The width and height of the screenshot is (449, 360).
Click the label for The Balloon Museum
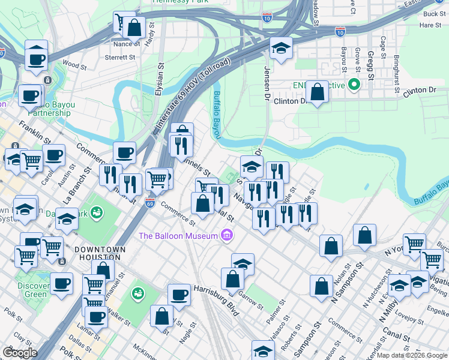(x=178, y=235)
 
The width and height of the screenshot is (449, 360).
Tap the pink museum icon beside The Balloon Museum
(x=226, y=235)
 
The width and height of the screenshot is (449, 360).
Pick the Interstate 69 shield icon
(x=149, y=203)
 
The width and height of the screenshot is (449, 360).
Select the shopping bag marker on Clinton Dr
(x=318, y=92)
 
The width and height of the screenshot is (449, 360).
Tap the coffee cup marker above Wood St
(x=37, y=59)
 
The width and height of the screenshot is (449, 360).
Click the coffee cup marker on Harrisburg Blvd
(x=178, y=295)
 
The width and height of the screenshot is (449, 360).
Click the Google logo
(x=20, y=353)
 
